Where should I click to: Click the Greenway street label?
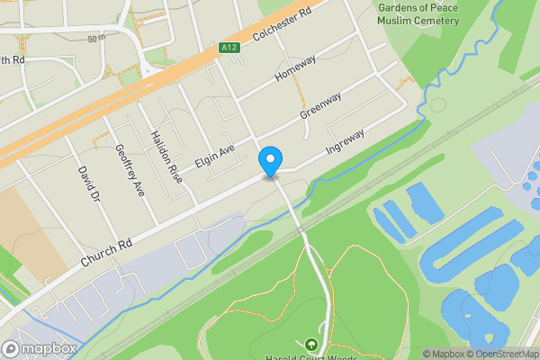(x=322, y=104)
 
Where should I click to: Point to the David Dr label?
(x=86, y=183)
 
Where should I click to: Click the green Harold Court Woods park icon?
(x=311, y=344)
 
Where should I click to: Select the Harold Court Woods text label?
(x=311, y=357)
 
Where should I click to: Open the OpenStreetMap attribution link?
(x=498, y=354)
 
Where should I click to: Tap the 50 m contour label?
(x=96, y=38)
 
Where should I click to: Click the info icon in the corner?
(x=533, y=354)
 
